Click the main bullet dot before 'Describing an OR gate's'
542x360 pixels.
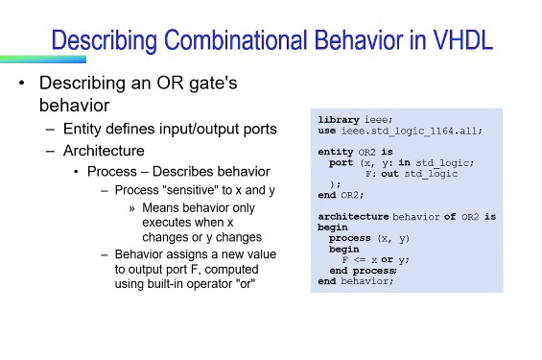pos(21,84)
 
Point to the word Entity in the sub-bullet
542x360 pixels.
pos(82,129)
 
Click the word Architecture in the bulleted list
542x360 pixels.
pos(104,151)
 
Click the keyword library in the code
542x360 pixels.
pos(340,119)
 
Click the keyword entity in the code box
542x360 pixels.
pos(337,152)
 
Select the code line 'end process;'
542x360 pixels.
pos(362,271)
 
